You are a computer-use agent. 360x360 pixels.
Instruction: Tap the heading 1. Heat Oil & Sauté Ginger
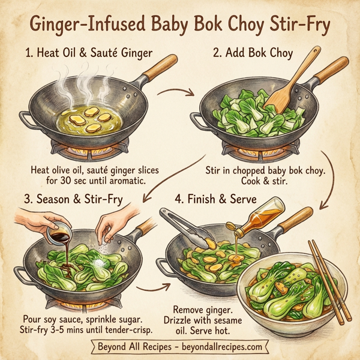(x=89, y=53)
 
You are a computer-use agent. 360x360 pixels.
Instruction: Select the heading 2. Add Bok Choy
(x=253, y=53)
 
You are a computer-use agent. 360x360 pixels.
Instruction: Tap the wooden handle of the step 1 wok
(x=160, y=67)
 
